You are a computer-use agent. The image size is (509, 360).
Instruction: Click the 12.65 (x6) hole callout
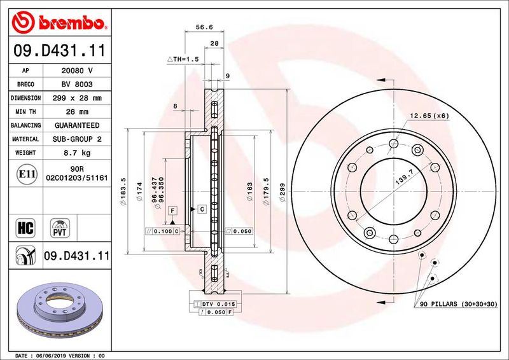tap(429, 115)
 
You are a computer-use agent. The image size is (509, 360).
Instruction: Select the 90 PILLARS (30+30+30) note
tap(458, 305)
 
